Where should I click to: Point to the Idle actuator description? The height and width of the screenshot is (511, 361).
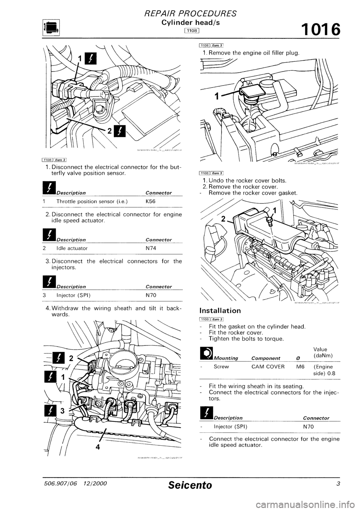point(72,248)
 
